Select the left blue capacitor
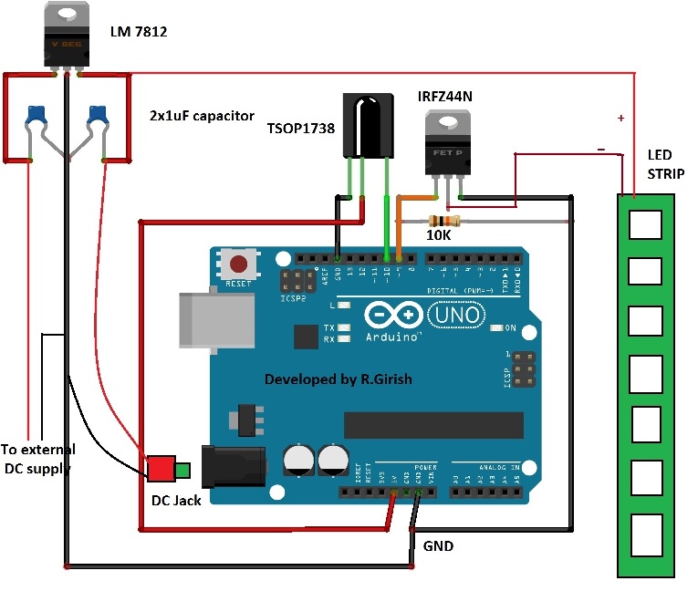[x=36, y=114]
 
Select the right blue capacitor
[x=98, y=114]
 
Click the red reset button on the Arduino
[x=239, y=265]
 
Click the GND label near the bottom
[x=437, y=546]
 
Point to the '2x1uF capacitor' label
[x=202, y=116]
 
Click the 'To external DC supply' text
[x=38, y=459]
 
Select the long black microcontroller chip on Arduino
[x=433, y=425]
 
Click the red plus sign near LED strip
[x=621, y=119]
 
